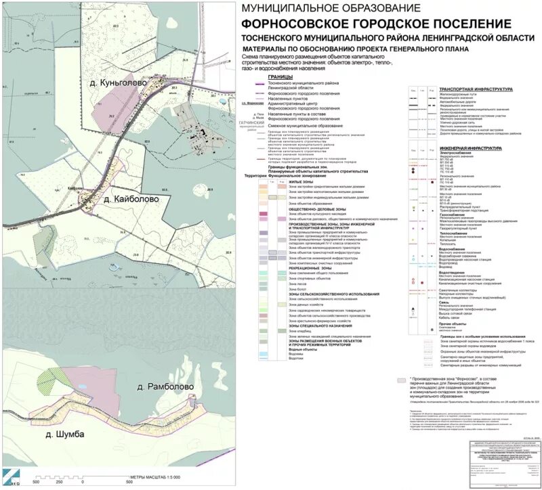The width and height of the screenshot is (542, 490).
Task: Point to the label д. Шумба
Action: point(61,434)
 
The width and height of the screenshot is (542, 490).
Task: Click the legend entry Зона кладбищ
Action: point(299,331)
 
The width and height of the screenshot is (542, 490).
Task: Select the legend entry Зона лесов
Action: point(297,284)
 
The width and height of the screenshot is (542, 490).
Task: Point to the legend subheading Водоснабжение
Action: point(452,249)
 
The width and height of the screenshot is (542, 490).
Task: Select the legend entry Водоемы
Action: point(295,353)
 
